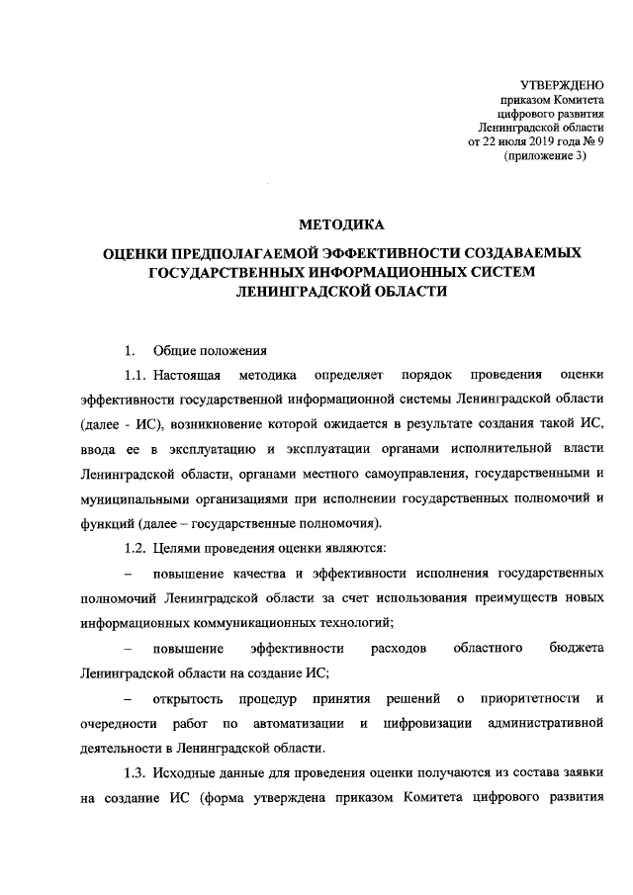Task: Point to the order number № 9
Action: pyautogui.click(x=593, y=142)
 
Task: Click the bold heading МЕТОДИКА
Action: pyautogui.click(x=341, y=226)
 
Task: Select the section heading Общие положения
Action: pyautogui.click(x=210, y=351)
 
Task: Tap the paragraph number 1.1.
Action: pyautogui.click(x=136, y=376)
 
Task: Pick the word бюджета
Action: pyautogui.click(x=576, y=648)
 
